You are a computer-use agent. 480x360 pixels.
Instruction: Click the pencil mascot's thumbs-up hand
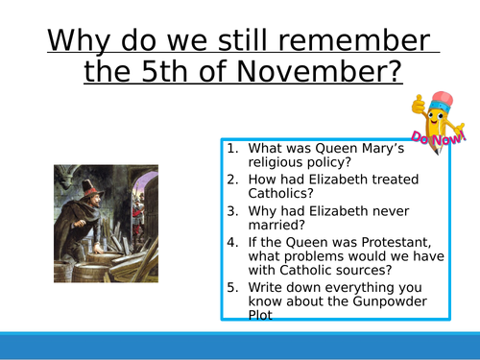point(419,103)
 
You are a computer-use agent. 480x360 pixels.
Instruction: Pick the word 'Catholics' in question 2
point(284,200)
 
